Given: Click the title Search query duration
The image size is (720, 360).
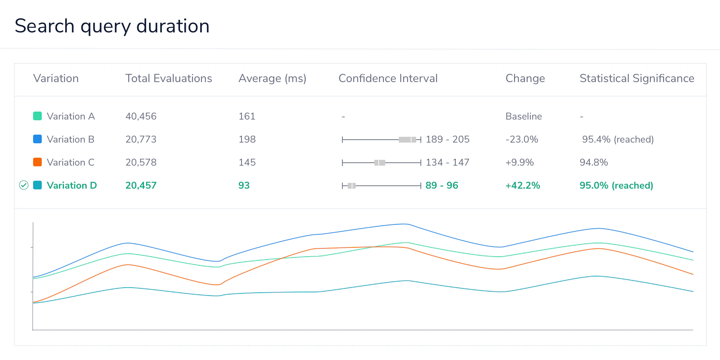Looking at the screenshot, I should (x=112, y=26).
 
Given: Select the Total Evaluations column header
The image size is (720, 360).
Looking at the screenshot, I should (x=168, y=78).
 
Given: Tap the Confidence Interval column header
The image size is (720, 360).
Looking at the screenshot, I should (x=388, y=78).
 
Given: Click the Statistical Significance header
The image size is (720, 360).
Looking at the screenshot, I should (x=636, y=78).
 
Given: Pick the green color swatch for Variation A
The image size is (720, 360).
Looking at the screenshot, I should (x=37, y=116).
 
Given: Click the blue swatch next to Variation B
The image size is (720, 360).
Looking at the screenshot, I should (x=37, y=139).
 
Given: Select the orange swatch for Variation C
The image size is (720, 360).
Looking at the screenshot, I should (x=37, y=162).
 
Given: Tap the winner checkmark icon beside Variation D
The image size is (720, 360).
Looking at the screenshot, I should (x=24, y=185).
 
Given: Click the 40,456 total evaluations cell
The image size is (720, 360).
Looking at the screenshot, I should (x=141, y=116).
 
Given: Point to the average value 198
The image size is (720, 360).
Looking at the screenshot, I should (x=247, y=139).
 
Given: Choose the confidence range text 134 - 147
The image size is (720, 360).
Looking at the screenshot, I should (x=447, y=162).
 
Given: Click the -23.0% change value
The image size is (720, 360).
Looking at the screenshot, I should (x=522, y=139).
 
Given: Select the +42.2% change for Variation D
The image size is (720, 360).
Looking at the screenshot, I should (x=522, y=185).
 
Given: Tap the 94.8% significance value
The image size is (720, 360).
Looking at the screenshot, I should (x=593, y=162).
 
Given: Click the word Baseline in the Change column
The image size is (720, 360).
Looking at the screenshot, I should (x=523, y=116).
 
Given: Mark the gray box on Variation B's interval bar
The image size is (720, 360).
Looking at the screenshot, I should (x=407, y=140).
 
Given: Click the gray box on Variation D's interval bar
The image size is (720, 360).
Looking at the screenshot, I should (x=352, y=186).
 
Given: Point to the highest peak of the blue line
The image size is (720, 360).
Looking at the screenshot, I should (x=406, y=224).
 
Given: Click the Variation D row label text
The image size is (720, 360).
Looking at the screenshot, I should (x=72, y=185).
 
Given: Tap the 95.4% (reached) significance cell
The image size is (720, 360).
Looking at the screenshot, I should (x=617, y=139).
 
